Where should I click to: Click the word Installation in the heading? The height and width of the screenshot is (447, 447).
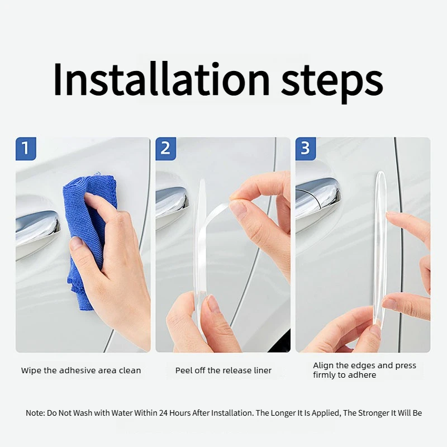coord(161,79)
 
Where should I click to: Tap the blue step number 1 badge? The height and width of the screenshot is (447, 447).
coord(26,149)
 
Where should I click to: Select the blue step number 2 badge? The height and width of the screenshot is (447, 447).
coord(165,149)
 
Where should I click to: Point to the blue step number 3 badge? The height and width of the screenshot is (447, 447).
coord(306,149)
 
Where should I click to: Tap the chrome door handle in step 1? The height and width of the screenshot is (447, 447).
coord(37,228)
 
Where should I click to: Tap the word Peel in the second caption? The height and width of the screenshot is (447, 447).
coord(183,370)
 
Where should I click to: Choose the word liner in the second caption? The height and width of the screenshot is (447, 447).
coord(263,370)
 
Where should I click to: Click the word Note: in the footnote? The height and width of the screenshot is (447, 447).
coord(35,413)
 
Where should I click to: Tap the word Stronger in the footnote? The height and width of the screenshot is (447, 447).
coord(374,413)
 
